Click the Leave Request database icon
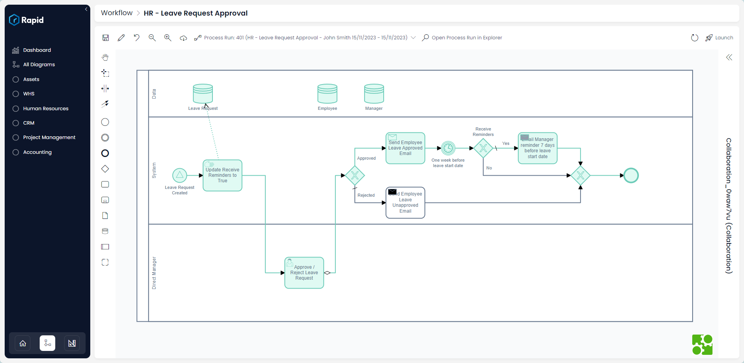coord(203,94)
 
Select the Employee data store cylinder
coord(327,94)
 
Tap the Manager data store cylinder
coord(374,94)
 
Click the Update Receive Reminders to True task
coord(223,176)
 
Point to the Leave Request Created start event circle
coord(179,176)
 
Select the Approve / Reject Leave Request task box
coord(304,273)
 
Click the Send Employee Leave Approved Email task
coord(405,148)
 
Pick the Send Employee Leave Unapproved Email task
coord(405,203)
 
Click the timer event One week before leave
coord(448,148)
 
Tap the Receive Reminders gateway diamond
coord(483,148)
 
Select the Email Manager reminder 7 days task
coord(537,148)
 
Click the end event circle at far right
coord(631,176)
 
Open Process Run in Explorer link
coord(467,38)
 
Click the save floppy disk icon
coord(105,38)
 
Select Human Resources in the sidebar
coord(46,109)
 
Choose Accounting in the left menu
coord(37,152)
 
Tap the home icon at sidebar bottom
coord(23,343)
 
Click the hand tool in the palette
coord(105,58)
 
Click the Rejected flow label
coord(366,196)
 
